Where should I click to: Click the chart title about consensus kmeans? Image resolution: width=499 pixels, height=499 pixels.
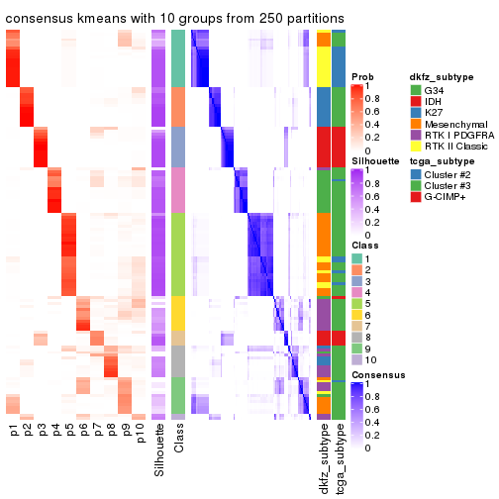point(175,18)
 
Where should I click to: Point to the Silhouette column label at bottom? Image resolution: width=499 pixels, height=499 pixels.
point(159,450)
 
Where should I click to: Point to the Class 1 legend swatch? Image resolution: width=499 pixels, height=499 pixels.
point(357,258)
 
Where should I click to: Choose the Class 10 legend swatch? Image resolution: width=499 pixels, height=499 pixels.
point(357,361)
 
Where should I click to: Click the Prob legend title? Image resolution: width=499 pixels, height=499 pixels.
point(363,77)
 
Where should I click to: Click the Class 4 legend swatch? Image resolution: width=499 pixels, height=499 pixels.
point(357,292)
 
